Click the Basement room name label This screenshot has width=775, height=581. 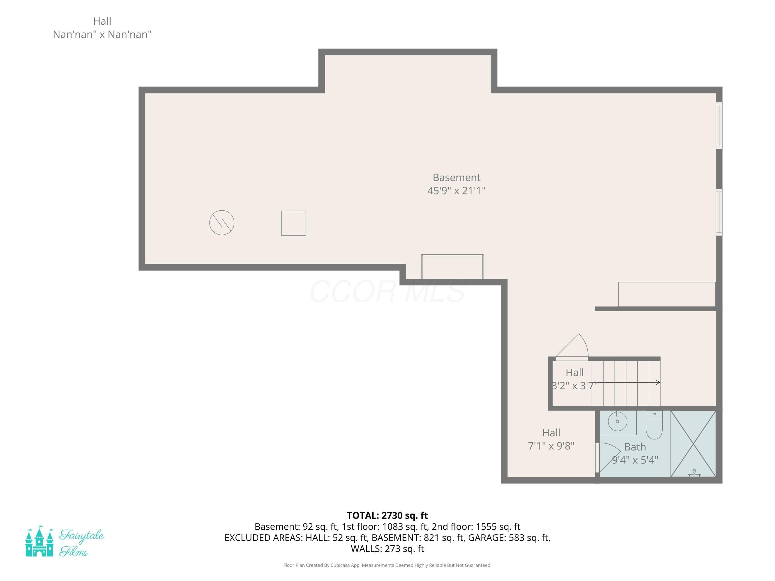(x=456, y=178)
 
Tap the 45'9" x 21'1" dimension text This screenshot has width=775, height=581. (x=456, y=191)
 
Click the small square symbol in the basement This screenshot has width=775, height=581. (x=294, y=223)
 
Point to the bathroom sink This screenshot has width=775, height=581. (x=617, y=421)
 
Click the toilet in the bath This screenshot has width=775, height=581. (x=654, y=425)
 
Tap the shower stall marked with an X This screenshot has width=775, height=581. (x=693, y=443)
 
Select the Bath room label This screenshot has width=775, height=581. (x=635, y=447)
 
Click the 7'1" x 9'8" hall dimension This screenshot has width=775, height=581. (x=551, y=446)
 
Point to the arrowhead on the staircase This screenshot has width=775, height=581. (x=658, y=382)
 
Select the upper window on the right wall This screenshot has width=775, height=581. (x=719, y=125)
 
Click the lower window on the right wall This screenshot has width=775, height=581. (x=719, y=212)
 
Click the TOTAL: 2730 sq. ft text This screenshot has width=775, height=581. (x=387, y=515)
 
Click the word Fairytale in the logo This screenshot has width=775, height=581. (x=82, y=536)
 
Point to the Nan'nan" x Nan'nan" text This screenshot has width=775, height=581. (x=102, y=34)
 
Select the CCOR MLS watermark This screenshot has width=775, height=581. (x=388, y=291)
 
